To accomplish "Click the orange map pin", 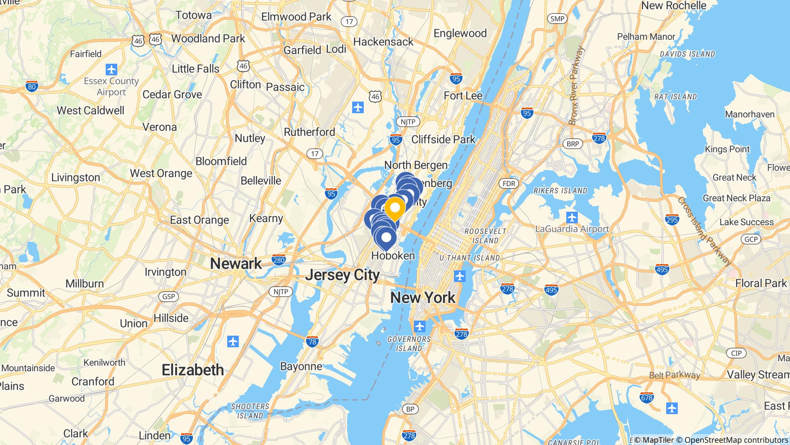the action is [395, 208].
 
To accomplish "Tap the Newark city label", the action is [236, 264].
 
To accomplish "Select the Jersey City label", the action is [343, 275].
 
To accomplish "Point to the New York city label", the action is [423, 298].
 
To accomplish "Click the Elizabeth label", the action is [192, 370].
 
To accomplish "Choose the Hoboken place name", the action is [393, 256].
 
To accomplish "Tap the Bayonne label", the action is [301, 366].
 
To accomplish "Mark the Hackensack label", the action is [383, 42].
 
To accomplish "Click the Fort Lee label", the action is [463, 95].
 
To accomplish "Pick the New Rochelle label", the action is [674, 6].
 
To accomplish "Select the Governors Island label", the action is [409, 344].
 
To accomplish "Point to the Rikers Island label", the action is [560, 191].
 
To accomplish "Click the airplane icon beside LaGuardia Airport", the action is [572, 217].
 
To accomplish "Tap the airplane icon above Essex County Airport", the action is [111, 70].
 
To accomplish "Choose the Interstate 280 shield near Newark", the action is [279, 260].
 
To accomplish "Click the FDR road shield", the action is [509, 183].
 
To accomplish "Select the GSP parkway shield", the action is [169, 297].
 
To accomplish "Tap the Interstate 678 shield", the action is [647, 397].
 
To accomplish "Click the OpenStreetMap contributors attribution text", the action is [736, 440].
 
